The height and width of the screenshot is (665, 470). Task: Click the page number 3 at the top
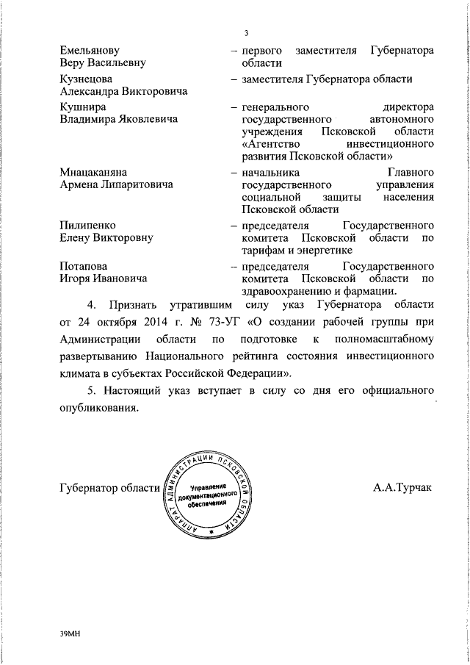[247, 33]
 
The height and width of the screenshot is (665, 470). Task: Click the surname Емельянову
[89, 50]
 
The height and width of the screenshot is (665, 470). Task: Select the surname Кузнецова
[86, 79]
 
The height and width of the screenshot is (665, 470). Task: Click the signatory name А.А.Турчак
[403, 488]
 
